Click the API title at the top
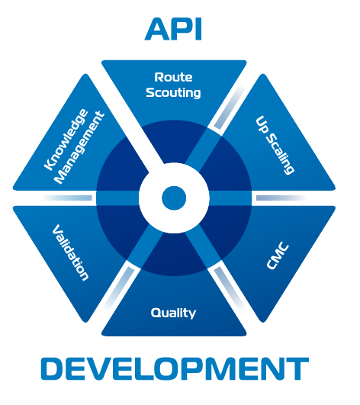pyautogui.click(x=173, y=29)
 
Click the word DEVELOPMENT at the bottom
pyautogui.click(x=175, y=368)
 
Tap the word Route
pyautogui.click(x=173, y=77)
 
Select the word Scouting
pyautogui.click(x=173, y=93)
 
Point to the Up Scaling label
pyautogui.click(x=275, y=145)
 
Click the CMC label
pyautogui.click(x=278, y=256)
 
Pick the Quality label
pyautogui.click(x=173, y=313)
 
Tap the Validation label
pyautogui.click(x=70, y=252)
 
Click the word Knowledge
pyautogui.click(x=66, y=140)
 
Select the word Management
pyautogui.click(x=80, y=148)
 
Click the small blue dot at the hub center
pyautogui.click(x=174, y=198)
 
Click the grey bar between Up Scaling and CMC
pyautogui.click(x=281, y=198)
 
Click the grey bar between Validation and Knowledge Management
pyautogui.click(x=67, y=198)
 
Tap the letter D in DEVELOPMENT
pyautogui.click(x=52, y=368)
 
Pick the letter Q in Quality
pyautogui.click(x=156, y=313)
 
